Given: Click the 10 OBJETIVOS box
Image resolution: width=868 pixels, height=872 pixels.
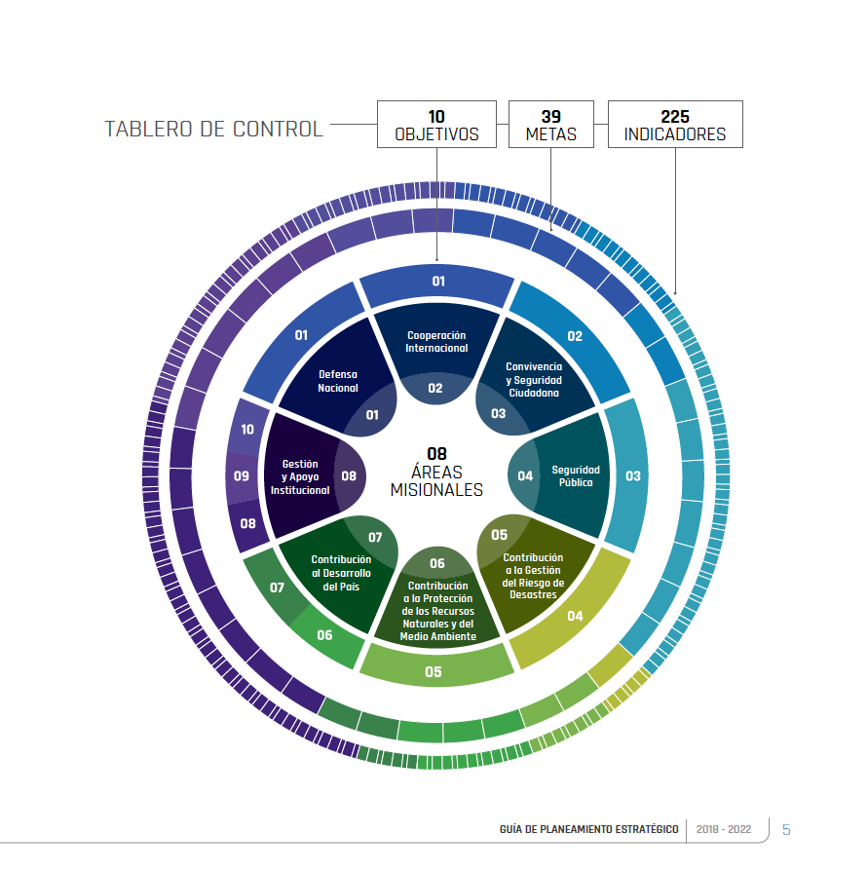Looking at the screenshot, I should [x=436, y=125].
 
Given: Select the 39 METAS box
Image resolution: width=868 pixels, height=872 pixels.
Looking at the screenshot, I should [x=551, y=125].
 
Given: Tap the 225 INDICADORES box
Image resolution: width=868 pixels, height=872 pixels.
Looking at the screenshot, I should [x=675, y=125].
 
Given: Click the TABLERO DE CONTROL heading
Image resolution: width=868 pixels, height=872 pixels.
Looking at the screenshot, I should [x=213, y=129].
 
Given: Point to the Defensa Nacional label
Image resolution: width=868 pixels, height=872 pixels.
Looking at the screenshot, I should [x=338, y=381].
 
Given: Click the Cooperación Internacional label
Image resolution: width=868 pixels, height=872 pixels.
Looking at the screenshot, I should [x=436, y=342].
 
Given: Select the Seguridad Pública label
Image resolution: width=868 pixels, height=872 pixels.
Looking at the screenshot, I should [x=576, y=475].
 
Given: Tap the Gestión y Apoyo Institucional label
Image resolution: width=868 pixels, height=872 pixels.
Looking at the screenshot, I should [x=300, y=477].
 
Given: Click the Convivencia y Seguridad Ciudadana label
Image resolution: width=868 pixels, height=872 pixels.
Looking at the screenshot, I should [x=533, y=379].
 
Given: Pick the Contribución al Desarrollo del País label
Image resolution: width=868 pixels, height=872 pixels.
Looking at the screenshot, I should [x=341, y=573].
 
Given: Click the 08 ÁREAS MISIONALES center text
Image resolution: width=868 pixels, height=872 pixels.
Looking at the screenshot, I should [x=436, y=472].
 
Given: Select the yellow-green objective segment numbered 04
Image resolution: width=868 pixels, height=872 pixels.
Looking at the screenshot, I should [x=575, y=616].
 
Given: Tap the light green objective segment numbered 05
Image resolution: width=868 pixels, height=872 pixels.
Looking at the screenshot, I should [x=434, y=671].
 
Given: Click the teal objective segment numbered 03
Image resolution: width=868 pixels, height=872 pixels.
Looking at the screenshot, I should [x=633, y=476].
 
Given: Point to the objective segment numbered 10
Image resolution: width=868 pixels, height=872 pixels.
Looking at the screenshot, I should [x=247, y=429].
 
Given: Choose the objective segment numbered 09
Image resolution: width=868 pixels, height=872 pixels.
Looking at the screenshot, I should [x=243, y=476].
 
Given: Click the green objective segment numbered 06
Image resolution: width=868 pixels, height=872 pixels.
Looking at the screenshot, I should [x=324, y=635].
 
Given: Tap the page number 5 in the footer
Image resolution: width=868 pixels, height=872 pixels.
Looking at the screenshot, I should [x=786, y=830].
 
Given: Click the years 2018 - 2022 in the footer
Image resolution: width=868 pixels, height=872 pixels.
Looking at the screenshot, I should [x=724, y=830].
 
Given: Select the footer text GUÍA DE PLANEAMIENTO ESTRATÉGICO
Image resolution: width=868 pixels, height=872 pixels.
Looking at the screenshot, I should [x=587, y=830].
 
